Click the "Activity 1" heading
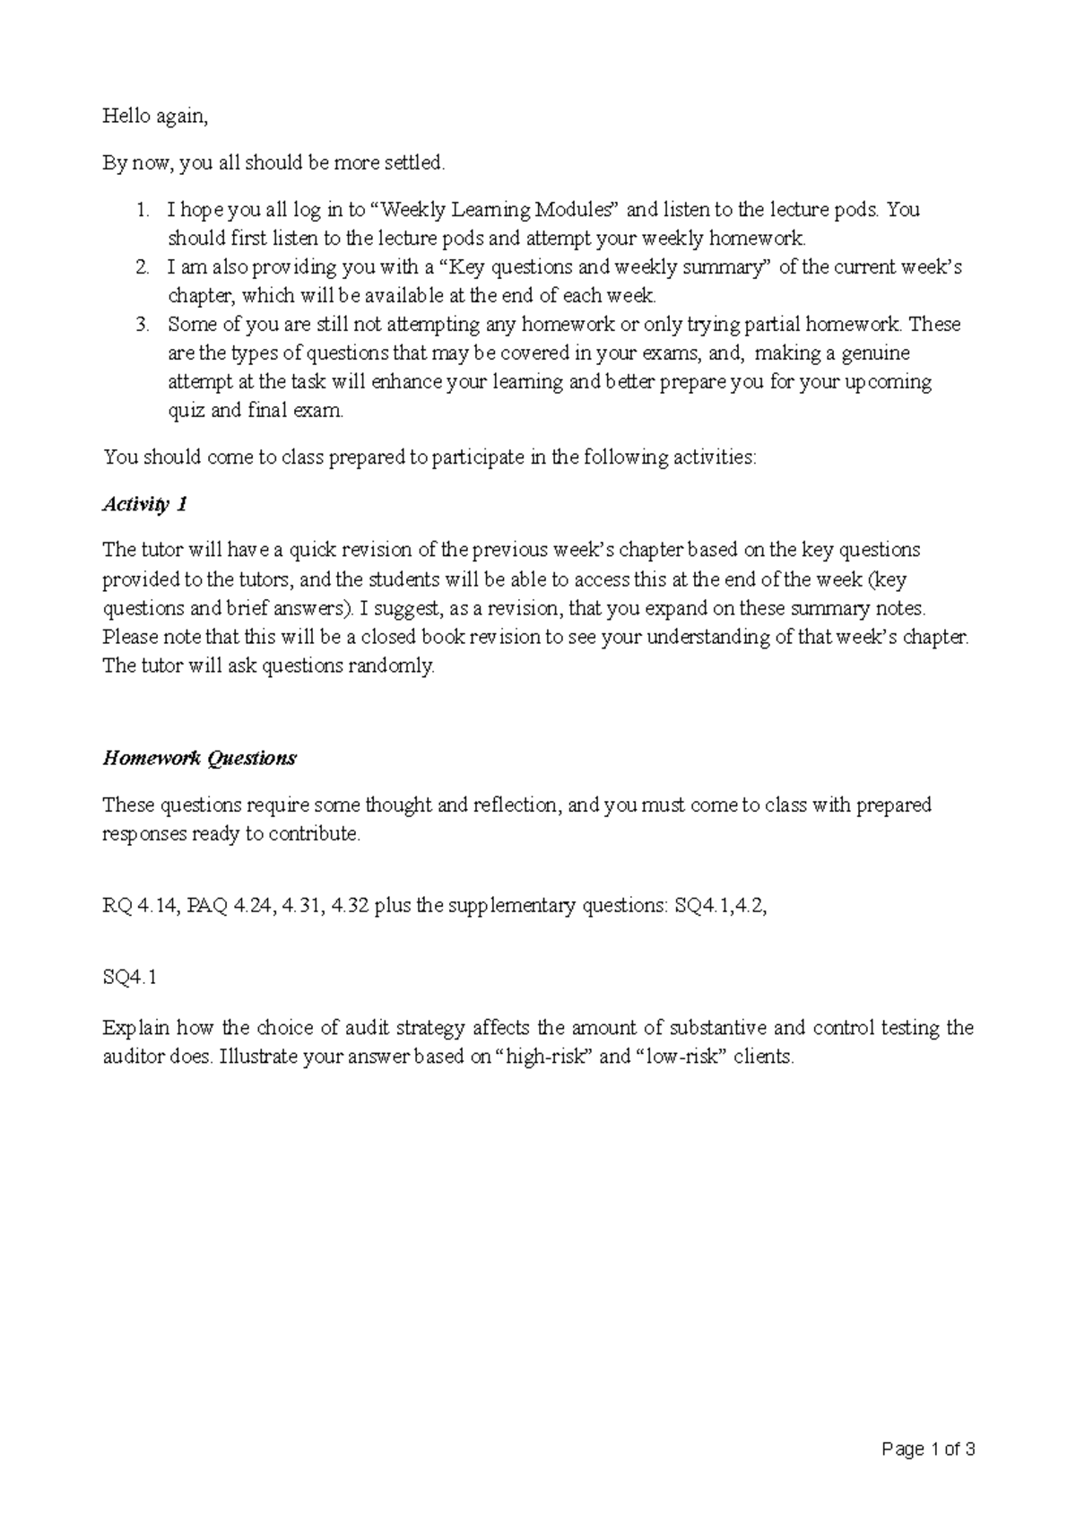point(144,504)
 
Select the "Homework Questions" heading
point(199,758)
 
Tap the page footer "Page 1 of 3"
point(928,1449)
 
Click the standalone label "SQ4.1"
point(130,978)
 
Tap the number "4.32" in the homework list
point(350,906)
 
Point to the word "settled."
point(414,163)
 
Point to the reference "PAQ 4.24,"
point(228,906)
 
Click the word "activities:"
point(706,457)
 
